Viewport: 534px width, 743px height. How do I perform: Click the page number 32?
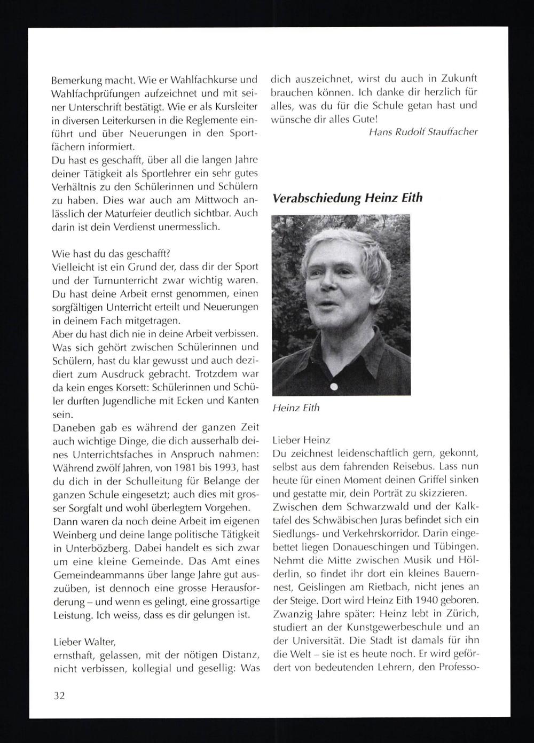[x=59, y=696]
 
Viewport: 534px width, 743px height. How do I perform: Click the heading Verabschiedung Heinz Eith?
[x=347, y=198]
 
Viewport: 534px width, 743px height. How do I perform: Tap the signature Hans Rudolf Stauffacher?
[x=423, y=131]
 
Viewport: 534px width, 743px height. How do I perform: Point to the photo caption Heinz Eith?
[x=296, y=408]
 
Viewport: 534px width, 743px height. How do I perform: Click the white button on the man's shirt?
[x=334, y=387]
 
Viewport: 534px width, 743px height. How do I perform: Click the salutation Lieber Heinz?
[x=301, y=441]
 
